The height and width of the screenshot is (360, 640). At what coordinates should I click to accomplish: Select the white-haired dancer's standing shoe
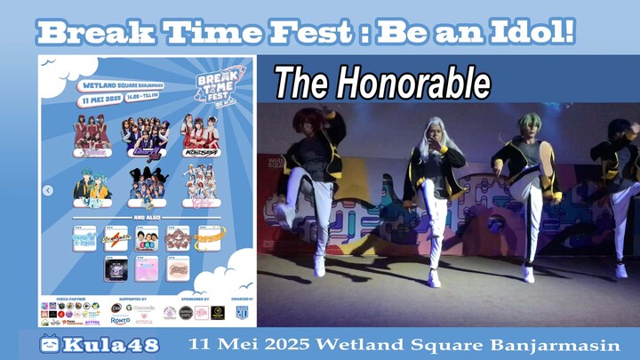point(435,279)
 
